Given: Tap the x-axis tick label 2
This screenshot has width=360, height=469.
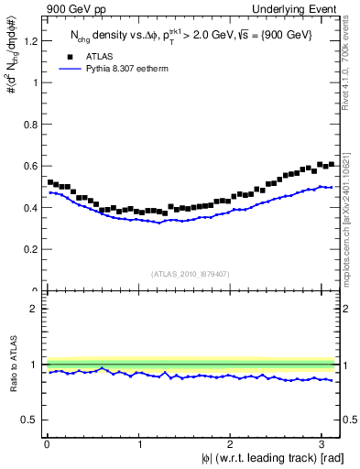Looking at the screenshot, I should coord(233,444).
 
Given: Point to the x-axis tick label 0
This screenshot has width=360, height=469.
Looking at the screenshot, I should coord(47,444).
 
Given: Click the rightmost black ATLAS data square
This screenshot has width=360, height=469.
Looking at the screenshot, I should coord(331,164).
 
